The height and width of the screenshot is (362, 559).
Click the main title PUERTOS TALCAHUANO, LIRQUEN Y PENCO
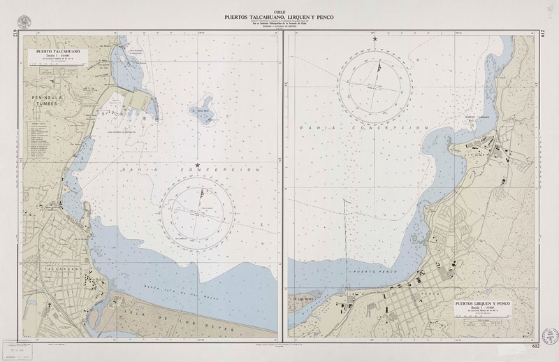pyautogui.click(x=279, y=16)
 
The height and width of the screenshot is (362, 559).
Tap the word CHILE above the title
pyautogui.click(x=279, y=10)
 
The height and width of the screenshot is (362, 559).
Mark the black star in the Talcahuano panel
pyautogui.click(x=198, y=164)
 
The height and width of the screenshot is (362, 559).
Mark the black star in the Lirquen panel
pyautogui.click(x=375, y=39)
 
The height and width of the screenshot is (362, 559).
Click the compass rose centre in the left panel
pyautogui.click(x=197, y=209)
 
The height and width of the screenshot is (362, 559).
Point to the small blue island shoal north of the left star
pyautogui.click(x=206, y=113)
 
